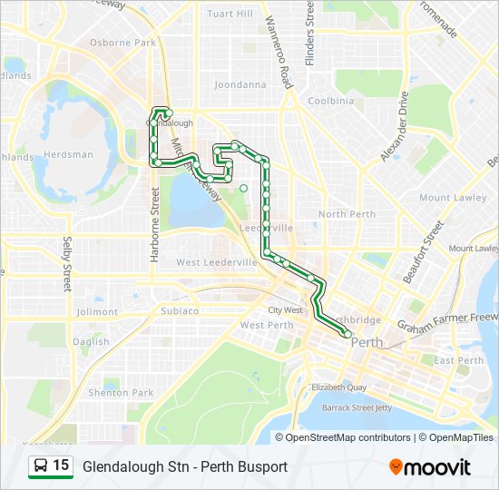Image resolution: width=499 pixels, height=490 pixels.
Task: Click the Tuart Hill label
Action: click(230, 15)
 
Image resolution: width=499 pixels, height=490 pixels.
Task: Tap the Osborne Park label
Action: click(122, 43)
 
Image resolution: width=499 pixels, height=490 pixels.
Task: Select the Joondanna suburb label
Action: click(240, 85)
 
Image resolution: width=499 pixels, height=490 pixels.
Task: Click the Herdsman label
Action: click(68, 154)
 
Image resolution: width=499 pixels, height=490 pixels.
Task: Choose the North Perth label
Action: click(347, 214)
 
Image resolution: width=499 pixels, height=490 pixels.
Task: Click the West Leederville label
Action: click(215, 263)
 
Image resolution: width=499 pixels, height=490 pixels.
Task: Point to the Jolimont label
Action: click(98, 312)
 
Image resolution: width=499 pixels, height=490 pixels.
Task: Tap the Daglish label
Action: click(92, 342)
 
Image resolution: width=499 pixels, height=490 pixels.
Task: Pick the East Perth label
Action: click(458, 361)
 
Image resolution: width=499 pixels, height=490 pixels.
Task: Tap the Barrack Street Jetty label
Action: click(358, 408)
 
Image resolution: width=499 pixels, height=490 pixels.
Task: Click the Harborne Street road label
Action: click(155, 237)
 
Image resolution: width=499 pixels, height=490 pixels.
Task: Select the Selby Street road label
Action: click(67, 263)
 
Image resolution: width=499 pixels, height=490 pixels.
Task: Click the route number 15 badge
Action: click(61, 465)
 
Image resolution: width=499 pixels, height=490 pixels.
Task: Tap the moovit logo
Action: click(430, 467)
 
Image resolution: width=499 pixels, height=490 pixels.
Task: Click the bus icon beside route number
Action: click(41, 466)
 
